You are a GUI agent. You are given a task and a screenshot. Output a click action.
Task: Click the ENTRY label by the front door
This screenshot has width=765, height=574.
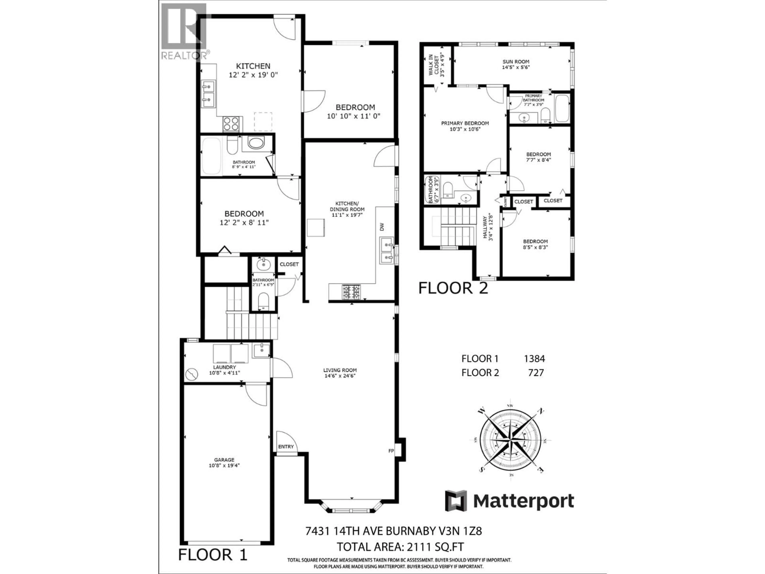pyautogui.click(x=286, y=447)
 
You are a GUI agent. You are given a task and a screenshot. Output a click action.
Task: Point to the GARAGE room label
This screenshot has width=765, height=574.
pyautogui.click(x=224, y=460)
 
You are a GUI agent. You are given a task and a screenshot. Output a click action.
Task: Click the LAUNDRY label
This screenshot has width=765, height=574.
pyautogui.click(x=225, y=367)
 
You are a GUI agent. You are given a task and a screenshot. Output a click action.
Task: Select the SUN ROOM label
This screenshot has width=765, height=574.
pyautogui.click(x=516, y=62)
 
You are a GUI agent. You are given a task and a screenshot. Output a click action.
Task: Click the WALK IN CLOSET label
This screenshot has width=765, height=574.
pyautogui.click(x=436, y=65)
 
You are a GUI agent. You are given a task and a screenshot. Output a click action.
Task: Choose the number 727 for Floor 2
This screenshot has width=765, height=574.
pyautogui.click(x=536, y=373)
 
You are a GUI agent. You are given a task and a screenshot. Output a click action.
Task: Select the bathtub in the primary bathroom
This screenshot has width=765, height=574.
pyautogui.click(x=562, y=109)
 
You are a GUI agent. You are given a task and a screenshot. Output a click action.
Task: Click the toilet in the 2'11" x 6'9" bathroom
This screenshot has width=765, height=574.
pyautogui.click(x=264, y=301)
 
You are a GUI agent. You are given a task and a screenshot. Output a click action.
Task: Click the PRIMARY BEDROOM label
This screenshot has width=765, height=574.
pyautogui.click(x=465, y=123)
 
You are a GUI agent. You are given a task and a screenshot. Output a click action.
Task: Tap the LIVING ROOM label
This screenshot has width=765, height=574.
pyautogui.click(x=340, y=370)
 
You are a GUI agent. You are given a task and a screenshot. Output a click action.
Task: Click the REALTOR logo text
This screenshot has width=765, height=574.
pyautogui.click(x=185, y=55)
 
